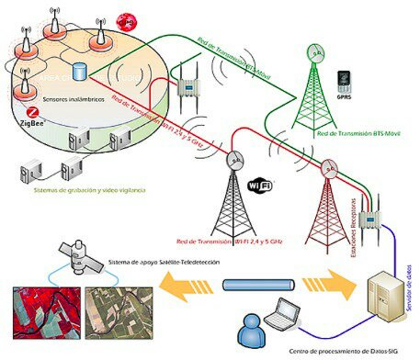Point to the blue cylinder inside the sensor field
tap(80, 70)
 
